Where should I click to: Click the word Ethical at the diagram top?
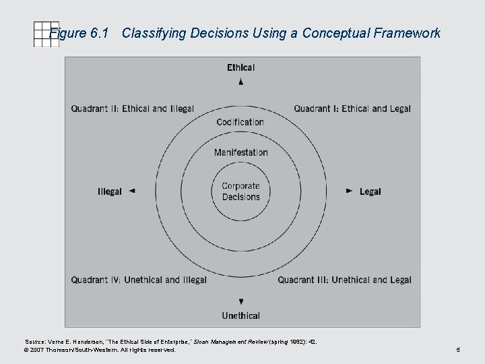[240, 67]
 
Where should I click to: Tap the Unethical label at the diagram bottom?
[240, 315]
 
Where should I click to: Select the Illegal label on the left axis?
[110, 191]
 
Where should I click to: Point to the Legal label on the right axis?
[370, 191]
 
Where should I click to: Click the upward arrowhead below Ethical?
[241, 81]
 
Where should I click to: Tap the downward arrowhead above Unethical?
[241, 301]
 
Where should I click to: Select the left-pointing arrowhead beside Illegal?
[132, 191]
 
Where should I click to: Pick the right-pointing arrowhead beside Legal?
[349, 191]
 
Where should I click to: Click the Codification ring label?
[240, 122]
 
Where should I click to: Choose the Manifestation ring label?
[240, 152]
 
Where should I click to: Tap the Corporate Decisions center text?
[240, 191]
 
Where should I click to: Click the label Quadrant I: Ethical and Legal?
[352, 109]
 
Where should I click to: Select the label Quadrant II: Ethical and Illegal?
[132, 109]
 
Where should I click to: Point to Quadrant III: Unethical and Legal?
[344, 280]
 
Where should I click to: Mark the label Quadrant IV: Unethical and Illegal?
[139, 280]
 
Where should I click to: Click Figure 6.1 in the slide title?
[79, 33]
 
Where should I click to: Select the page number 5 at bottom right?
[457, 351]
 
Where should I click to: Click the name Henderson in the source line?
[82, 342]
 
